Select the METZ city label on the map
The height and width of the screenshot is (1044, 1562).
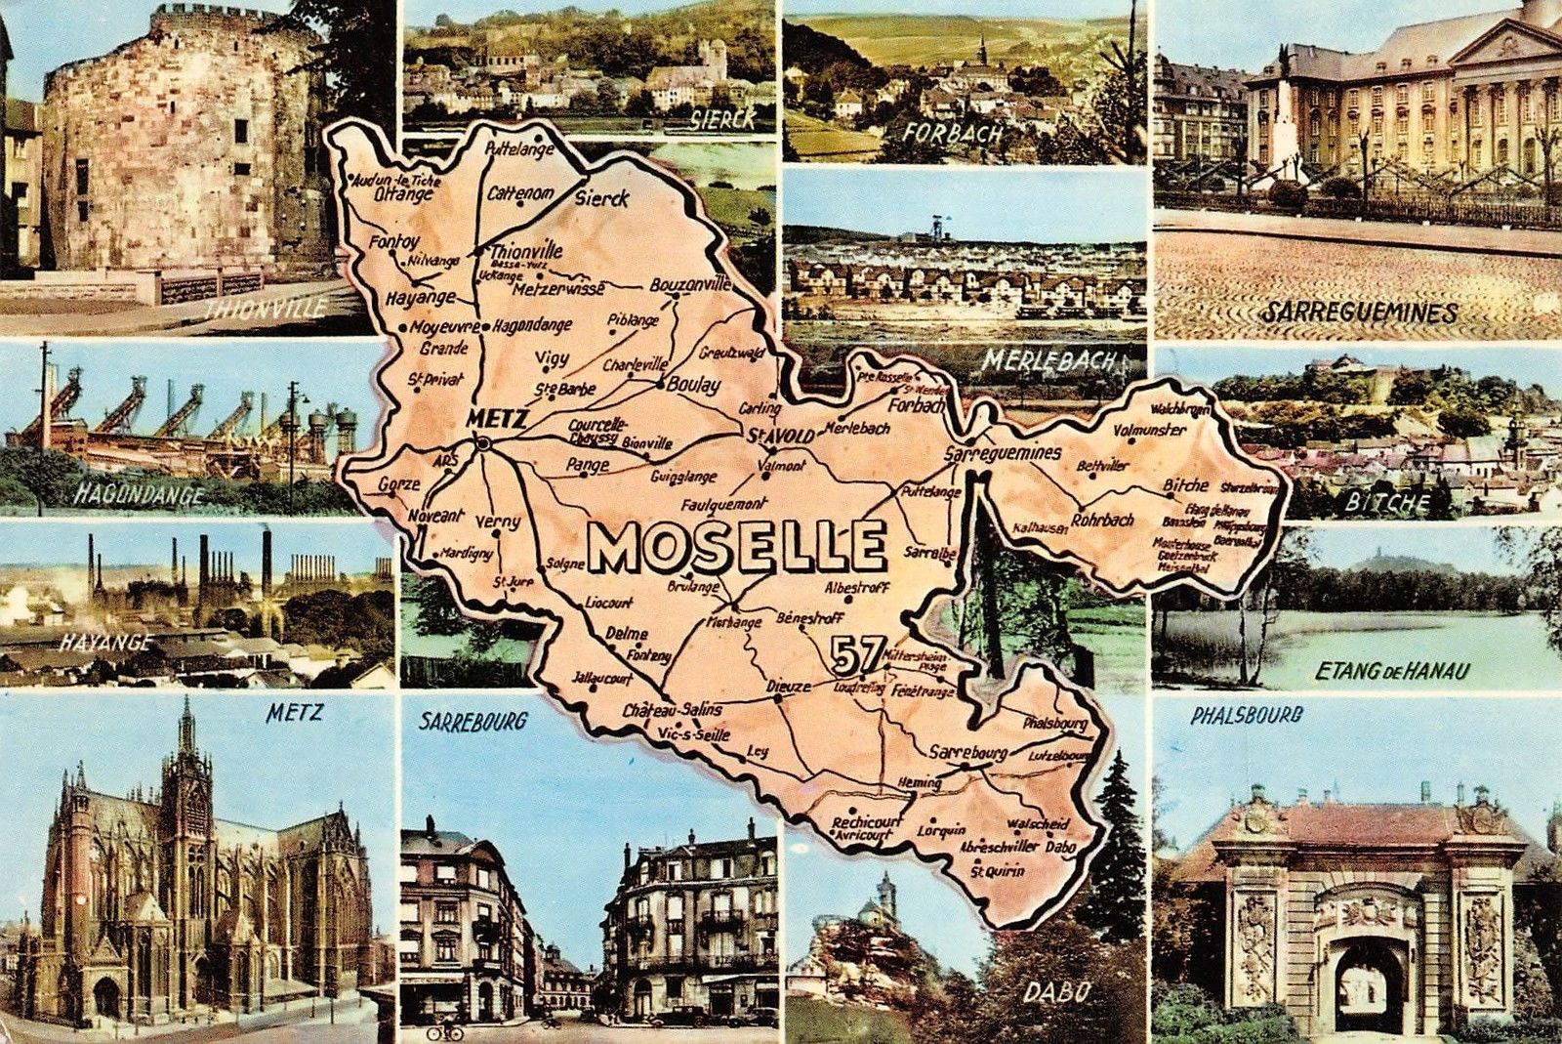point(498,419)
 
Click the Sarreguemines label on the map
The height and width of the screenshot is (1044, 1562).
point(1003,454)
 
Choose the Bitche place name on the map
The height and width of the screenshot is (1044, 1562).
point(1185,485)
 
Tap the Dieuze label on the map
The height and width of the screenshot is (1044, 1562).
point(788,688)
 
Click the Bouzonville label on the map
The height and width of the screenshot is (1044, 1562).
point(690,285)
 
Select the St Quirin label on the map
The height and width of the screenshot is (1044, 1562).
point(997,871)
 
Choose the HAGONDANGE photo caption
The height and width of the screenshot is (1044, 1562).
point(140,495)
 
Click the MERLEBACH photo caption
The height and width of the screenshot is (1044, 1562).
point(1048,360)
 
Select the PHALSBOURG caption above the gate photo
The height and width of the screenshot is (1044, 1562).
point(1247,715)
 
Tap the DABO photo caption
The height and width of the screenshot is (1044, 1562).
point(1055,992)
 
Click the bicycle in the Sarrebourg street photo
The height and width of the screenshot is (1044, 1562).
point(445,1030)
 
